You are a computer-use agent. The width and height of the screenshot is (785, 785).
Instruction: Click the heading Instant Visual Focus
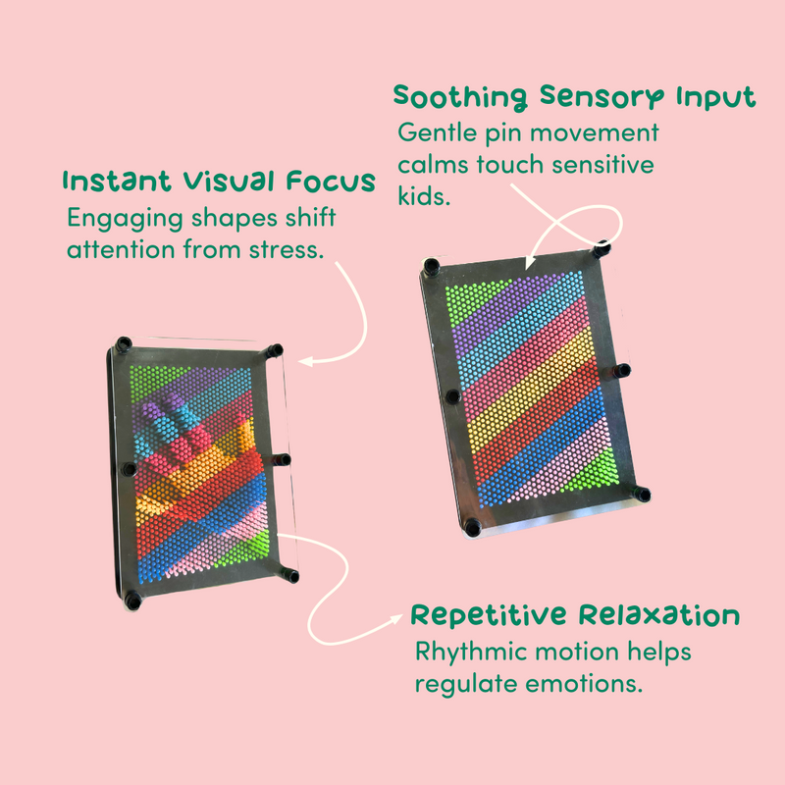[x=219, y=182]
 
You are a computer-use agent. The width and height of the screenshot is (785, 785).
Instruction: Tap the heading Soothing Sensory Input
[x=574, y=96]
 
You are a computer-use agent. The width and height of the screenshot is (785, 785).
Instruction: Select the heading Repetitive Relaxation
[x=575, y=615]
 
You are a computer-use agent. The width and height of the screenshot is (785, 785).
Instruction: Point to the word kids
[x=424, y=195]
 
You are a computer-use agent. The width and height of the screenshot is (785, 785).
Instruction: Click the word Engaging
[x=126, y=219]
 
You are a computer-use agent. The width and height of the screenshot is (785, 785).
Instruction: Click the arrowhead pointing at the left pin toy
[x=305, y=361]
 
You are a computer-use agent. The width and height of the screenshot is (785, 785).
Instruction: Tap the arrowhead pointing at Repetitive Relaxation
[x=394, y=619]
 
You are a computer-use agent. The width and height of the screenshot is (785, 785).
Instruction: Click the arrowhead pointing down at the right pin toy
[x=529, y=264]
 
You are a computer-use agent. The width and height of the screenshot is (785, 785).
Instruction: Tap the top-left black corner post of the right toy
[x=432, y=267]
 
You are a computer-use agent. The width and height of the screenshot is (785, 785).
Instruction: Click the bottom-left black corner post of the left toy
[x=132, y=600]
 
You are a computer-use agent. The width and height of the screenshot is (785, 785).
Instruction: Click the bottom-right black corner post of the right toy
[x=641, y=494]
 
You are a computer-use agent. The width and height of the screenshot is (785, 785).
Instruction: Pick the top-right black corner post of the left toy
[x=274, y=350]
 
